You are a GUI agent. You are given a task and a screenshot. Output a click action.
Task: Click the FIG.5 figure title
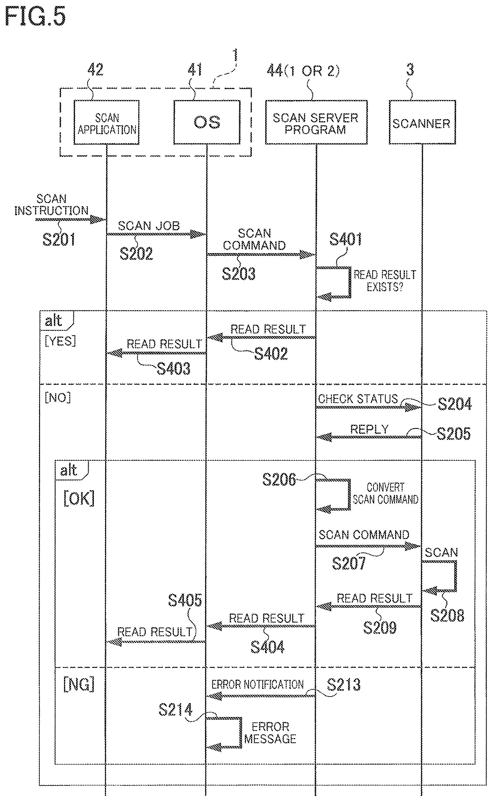[35, 17]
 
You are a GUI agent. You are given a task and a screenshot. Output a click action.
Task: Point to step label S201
[59, 239]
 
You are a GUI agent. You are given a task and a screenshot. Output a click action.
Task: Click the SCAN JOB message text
[149, 226]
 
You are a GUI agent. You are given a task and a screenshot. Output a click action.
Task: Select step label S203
[239, 273]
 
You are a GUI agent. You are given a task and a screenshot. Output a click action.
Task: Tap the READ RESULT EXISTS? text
[385, 281]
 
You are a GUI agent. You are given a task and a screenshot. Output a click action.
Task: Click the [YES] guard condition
[60, 341]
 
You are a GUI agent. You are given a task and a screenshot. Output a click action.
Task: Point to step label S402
[271, 353]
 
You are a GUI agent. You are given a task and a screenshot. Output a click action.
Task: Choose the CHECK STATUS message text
[358, 399]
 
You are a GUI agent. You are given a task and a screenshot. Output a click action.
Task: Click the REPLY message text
[370, 429]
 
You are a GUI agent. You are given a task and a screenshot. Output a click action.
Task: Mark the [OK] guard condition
[79, 498]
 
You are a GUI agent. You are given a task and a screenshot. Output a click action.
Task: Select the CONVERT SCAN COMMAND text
[385, 493]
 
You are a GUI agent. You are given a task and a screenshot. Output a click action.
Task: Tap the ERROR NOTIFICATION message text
[258, 684]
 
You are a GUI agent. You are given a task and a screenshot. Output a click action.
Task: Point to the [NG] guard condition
[79, 684]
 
